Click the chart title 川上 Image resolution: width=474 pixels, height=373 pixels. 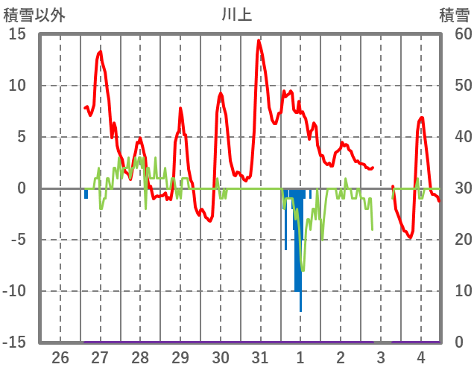coord(236,14)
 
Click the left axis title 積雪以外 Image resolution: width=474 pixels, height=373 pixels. coord(34,14)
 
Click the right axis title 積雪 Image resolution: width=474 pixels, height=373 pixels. coord(454,14)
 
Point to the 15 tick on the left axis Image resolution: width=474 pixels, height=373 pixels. coord(17,34)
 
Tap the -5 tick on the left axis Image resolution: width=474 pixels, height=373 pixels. coord(17,240)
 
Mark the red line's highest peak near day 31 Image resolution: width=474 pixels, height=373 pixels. coord(259,40)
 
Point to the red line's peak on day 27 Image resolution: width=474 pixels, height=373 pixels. coord(101,51)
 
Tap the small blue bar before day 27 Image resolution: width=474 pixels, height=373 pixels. coord(86,194)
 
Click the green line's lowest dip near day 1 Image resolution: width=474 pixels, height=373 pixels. coord(302,270)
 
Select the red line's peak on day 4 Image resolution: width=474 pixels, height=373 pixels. coord(422,118)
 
